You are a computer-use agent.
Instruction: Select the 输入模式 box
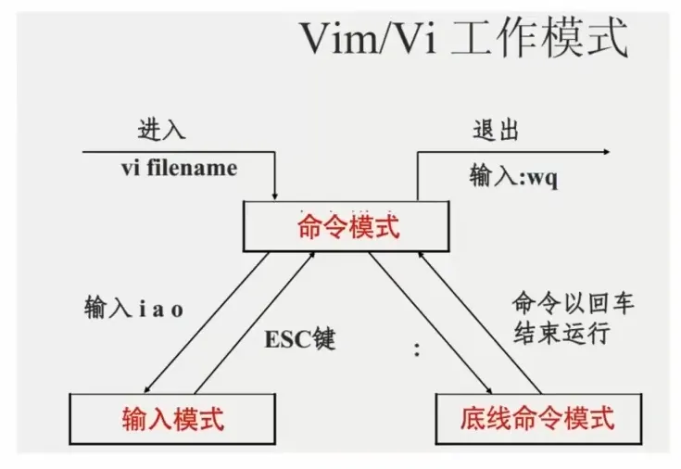[x=172, y=419]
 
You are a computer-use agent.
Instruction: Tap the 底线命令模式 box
[x=536, y=419]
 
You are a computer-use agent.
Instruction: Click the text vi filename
[x=179, y=169]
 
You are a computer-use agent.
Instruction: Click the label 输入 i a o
[x=132, y=309]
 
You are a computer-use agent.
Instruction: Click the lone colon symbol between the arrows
[x=417, y=350]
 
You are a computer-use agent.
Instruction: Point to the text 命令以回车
[x=574, y=304]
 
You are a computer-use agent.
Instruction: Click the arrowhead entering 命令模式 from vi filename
[x=276, y=195]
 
